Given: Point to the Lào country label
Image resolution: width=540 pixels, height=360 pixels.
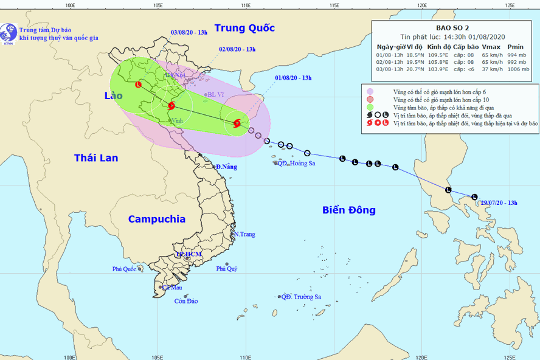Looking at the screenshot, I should coord(114,96).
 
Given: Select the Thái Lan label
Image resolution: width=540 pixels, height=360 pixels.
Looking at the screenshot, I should coord(96,158).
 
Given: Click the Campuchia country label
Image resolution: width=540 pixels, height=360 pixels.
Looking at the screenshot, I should coord(157,220).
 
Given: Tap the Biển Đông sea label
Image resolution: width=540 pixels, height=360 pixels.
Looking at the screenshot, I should coord(348,210).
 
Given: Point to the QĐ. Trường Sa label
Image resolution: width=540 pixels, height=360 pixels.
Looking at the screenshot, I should coord(301,297).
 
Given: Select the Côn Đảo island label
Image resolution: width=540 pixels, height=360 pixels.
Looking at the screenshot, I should coord(186,301).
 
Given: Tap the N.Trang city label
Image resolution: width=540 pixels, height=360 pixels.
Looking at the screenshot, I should coord(246,234).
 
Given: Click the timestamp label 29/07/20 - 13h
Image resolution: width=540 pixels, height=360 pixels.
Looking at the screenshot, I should coord(499,202).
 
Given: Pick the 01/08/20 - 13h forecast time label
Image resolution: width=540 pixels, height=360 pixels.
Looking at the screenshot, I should coord(293,78).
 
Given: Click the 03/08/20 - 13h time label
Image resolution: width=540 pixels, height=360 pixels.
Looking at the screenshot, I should coord(190,32).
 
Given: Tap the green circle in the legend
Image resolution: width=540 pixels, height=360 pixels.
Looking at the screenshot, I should coord(370,107).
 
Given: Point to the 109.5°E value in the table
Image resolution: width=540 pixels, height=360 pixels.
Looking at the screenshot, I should coord(438,54).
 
